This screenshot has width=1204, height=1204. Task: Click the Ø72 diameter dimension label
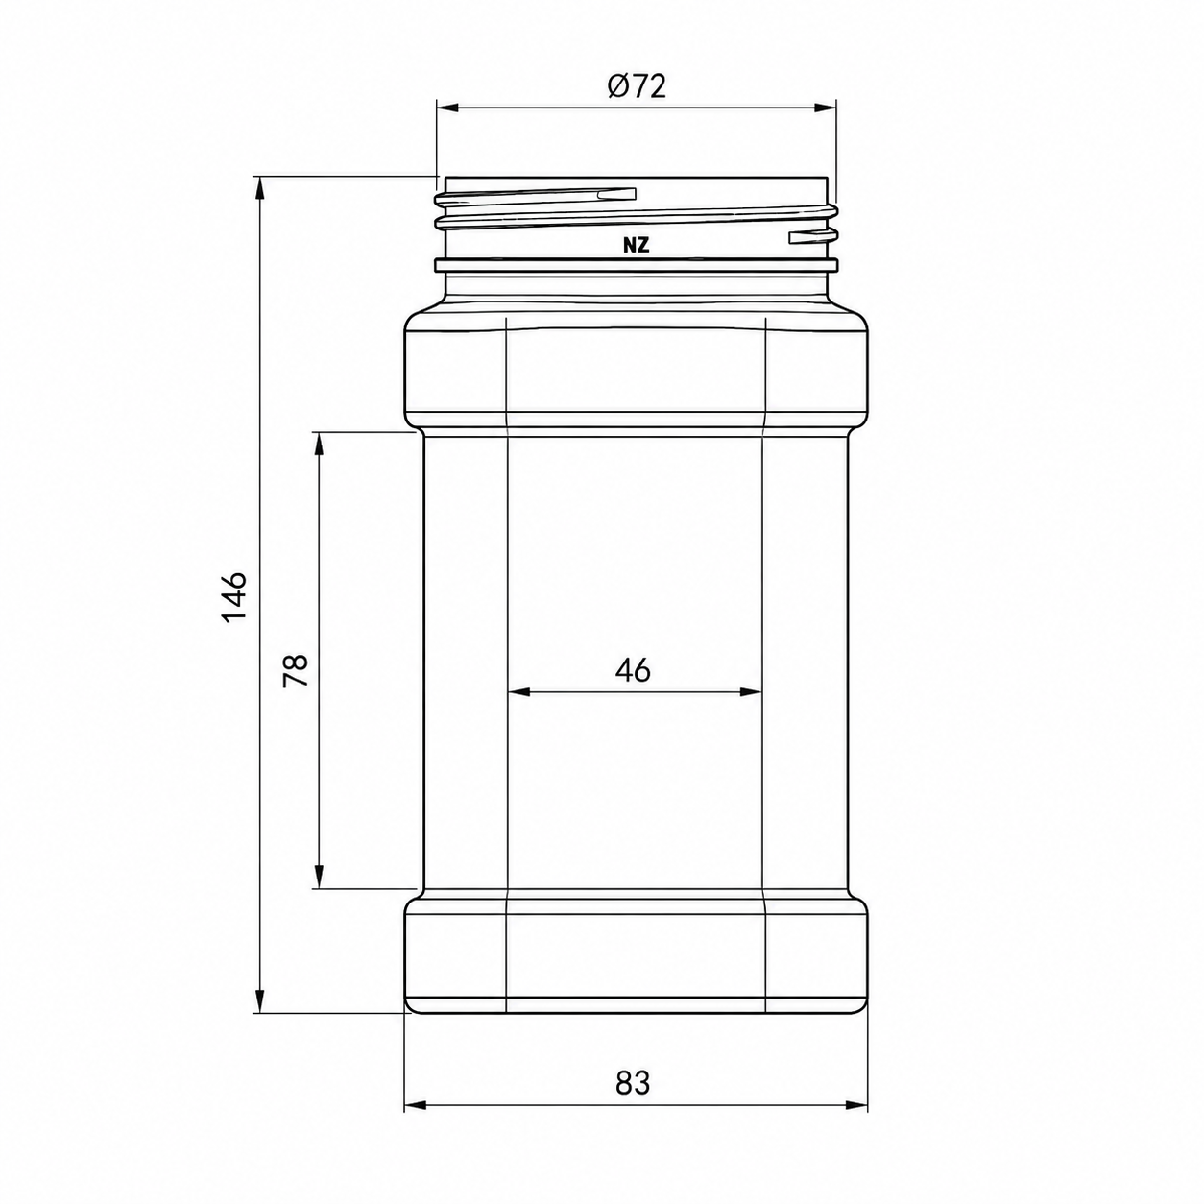click(x=636, y=86)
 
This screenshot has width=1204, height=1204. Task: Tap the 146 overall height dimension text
click(x=235, y=596)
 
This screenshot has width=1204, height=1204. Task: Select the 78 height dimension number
click(x=296, y=670)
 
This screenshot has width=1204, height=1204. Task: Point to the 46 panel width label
click(x=633, y=670)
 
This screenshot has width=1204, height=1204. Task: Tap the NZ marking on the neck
click(x=636, y=246)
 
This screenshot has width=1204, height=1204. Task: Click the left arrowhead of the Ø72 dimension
click(x=448, y=108)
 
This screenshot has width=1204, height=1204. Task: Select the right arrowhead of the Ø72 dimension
click(x=825, y=108)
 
